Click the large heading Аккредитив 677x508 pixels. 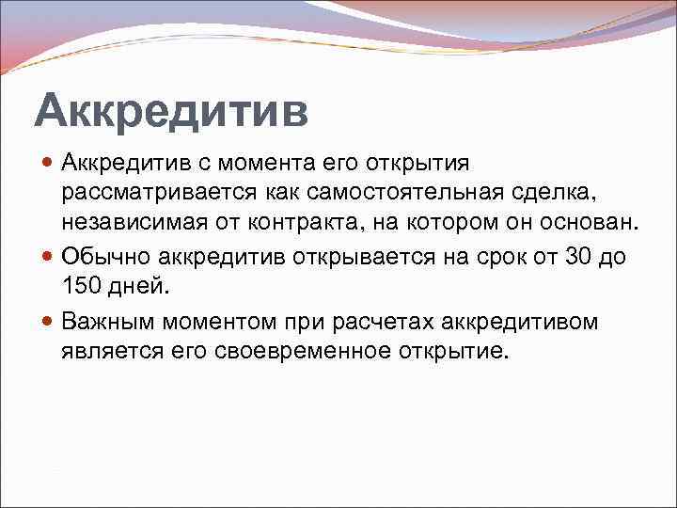(170, 111)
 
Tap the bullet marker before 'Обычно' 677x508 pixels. (49, 257)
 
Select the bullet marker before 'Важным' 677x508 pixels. (49, 323)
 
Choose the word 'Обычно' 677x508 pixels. (107, 256)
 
